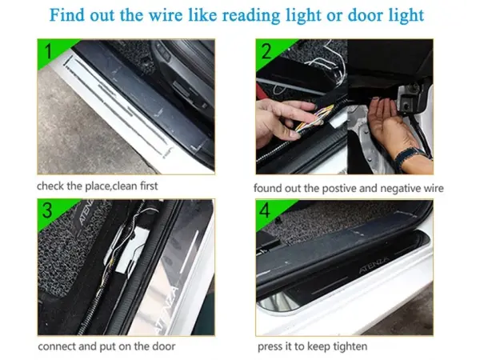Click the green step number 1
click(48, 53)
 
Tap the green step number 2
click(266, 53)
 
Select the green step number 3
click(48, 212)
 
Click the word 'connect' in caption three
click(57, 346)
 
